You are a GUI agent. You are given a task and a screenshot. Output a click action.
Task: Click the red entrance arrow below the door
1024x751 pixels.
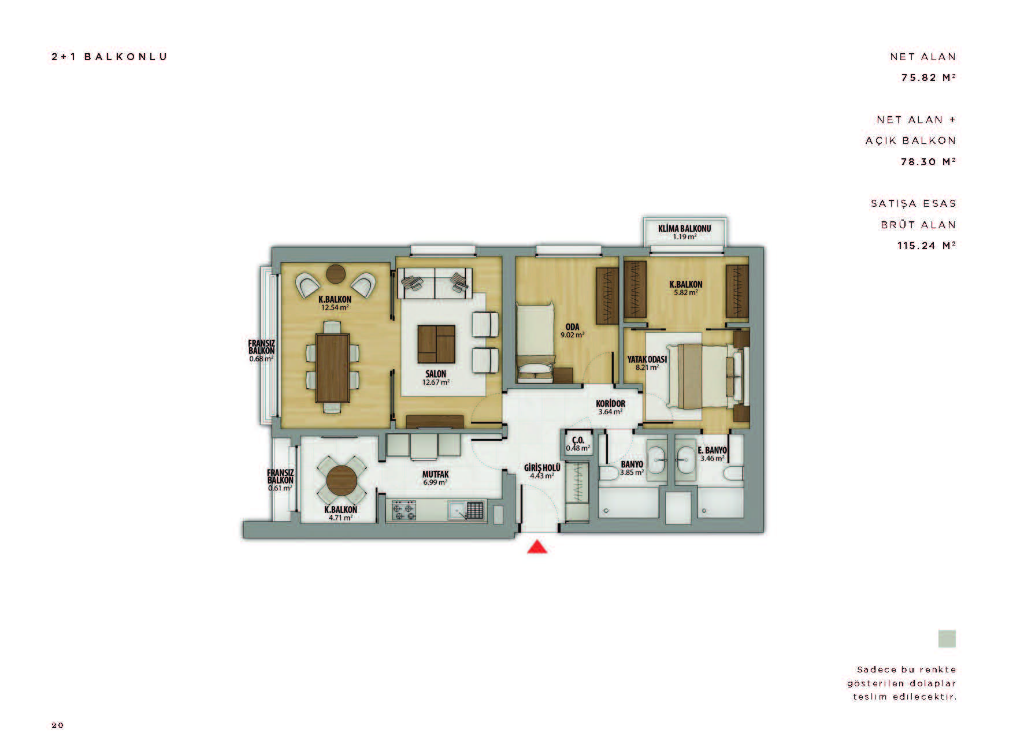pos(537,546)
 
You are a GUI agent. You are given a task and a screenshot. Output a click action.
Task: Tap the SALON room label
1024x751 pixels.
pos(436,374)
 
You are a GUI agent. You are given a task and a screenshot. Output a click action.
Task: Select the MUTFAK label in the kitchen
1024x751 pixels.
pos(435,474)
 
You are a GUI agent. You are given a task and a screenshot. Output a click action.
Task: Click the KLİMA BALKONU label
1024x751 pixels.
pos(684,228)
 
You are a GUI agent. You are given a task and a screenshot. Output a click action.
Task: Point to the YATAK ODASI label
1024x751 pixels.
pos(647,359)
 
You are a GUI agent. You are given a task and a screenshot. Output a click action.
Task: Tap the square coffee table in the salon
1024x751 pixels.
pos(436,343)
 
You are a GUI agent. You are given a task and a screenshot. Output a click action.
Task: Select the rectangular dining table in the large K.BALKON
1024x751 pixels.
pos(333,369)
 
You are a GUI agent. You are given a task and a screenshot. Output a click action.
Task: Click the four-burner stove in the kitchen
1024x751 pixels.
pos(405,510)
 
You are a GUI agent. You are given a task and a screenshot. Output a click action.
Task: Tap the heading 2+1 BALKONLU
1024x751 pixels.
pos(109,57)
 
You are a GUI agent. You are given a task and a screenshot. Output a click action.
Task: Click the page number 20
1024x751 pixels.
pos(58,725)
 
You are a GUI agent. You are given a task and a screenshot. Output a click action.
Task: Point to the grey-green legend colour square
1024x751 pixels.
pos(947,638)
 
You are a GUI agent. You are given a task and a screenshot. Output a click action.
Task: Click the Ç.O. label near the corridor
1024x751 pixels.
pos(578,440)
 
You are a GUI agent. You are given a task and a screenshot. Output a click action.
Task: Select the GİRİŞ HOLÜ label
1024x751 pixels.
pos(542,468)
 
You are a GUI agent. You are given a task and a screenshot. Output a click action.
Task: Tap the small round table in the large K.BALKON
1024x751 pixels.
pos(336,273)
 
